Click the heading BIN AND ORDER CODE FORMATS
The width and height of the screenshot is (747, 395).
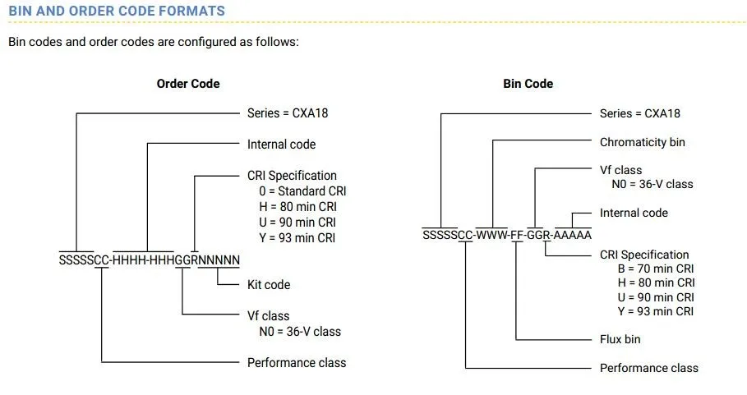(x=116, y=11)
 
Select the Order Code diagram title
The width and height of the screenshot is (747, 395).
(x=188, y=83)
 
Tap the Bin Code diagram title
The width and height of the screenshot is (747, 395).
(x=528, y=83)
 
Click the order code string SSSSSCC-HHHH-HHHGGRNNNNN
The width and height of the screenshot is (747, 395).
(x=150, y=261)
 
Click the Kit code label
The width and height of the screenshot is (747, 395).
(x=269, y=284)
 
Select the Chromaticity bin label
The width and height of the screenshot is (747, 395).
(x=642, y=142)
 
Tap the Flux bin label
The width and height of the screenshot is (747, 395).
(x=620, y=338)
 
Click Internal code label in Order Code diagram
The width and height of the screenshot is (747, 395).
(x=281, y=144)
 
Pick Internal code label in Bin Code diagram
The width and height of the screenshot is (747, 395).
(x=634, y=213)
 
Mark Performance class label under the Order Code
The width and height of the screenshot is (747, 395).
(x=297, y=362)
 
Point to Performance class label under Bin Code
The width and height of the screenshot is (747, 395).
(x=648, y=368)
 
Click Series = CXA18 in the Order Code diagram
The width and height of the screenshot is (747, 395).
(x=287, y=113)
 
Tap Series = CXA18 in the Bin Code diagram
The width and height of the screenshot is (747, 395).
(x=639, y=113)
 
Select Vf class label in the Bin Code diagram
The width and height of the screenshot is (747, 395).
(x=620, y=170)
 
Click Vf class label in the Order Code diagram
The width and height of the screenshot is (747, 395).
(x=268, y=315)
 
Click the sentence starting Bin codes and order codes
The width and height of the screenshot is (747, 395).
(x=153, y=41)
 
